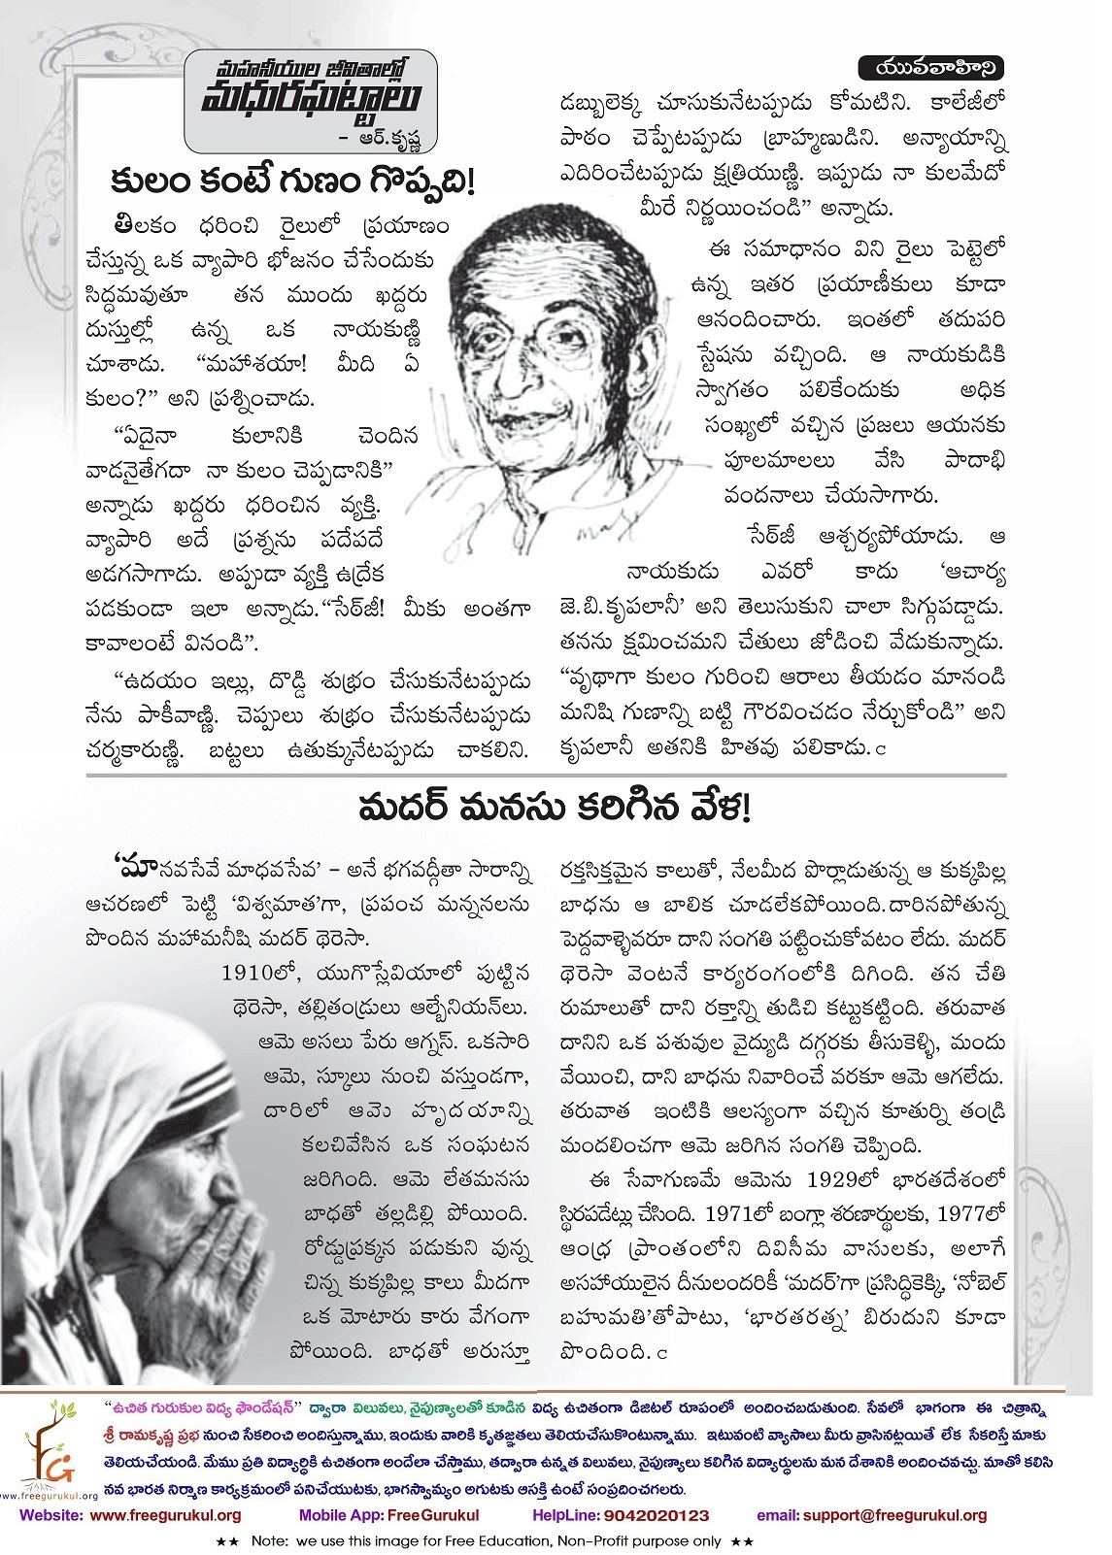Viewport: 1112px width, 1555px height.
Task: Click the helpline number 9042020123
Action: [649, 1515]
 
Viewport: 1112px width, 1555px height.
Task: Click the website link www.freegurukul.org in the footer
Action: [170, 1515]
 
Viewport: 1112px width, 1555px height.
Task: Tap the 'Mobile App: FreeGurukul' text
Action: [388, 1515]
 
